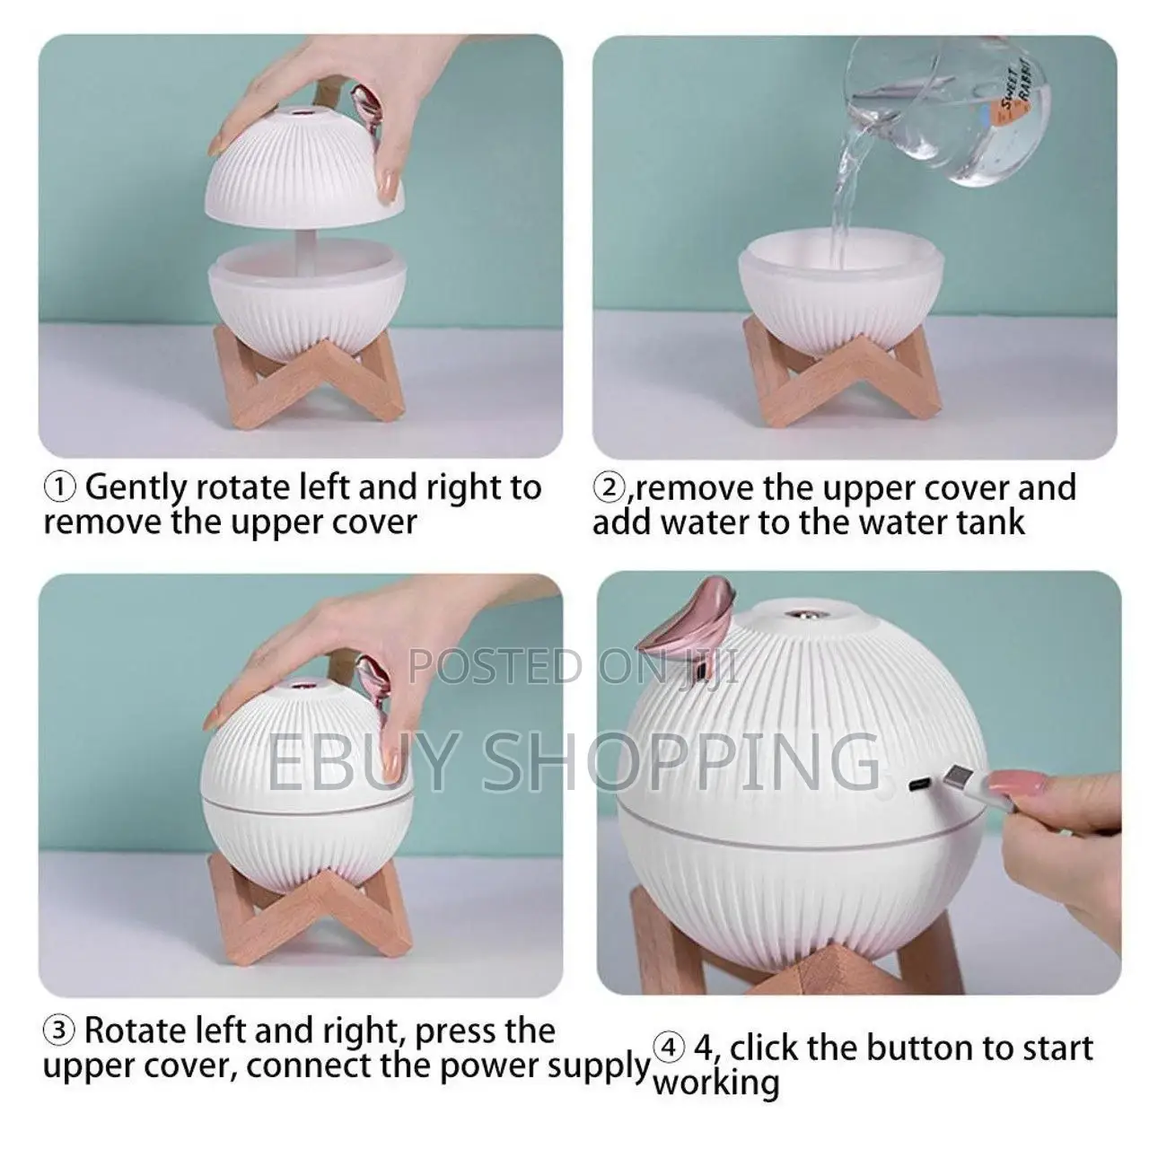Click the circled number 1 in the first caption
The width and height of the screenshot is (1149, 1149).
coord(59,488)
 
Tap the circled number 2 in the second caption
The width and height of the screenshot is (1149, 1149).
coord(609,488)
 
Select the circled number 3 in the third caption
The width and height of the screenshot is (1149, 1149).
coord(59,1031)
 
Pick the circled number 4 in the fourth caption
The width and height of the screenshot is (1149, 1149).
coord(667,1048)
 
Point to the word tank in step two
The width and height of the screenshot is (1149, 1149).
coord(992,522)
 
